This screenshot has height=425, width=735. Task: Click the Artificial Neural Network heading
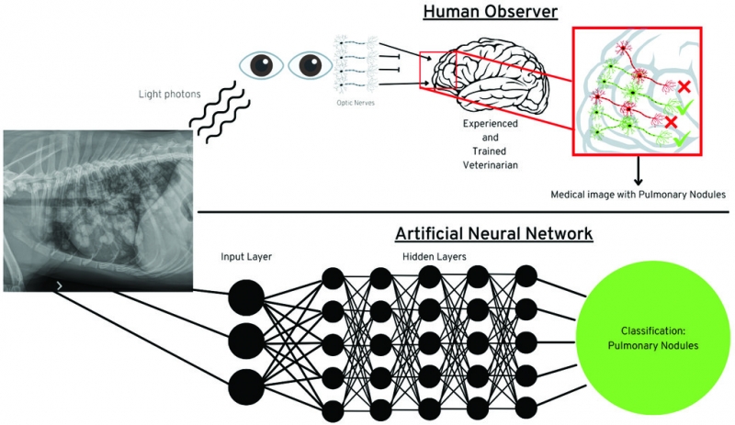[494, 234]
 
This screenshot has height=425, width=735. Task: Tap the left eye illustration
[261, 64]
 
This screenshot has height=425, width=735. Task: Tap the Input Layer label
[246, 256]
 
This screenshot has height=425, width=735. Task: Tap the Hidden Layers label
[435, 256]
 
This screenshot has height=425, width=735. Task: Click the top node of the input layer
[245, 296]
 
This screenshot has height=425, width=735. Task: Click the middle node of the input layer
[245, 341]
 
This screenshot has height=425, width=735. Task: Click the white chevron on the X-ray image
[60, 286]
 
